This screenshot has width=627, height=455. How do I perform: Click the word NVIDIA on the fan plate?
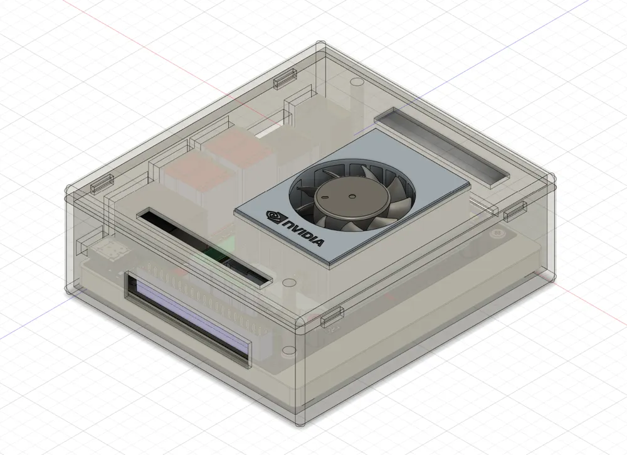click(303, 233)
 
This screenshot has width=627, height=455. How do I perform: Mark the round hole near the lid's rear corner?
click(354, 82)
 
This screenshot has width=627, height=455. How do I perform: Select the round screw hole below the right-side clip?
click(498, 233)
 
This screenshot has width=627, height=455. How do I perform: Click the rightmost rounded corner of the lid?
click(552, 178)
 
